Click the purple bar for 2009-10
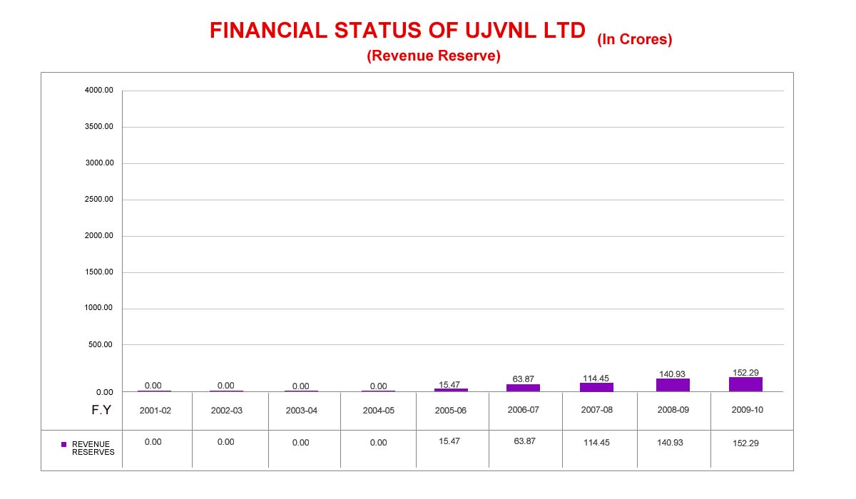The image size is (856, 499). tap(745, 384)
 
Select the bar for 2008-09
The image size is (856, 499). tap(673, 385)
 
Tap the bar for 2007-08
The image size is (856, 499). tap(596, 387)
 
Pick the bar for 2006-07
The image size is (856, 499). tap(523, 388)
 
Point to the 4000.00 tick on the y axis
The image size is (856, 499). tap(99, 91)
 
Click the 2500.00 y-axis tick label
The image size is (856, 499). tap(99, 200)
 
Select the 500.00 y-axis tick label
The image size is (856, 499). tap(101, 345)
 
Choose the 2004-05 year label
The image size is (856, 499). tap(378, 411)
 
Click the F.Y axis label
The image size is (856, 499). tap(100, 410)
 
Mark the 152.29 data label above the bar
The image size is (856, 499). tap(745, 372)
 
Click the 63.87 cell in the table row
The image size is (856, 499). tap(524, 442)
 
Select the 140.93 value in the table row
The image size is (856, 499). tap(671, 443)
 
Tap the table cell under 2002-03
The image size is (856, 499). tap(225, 442)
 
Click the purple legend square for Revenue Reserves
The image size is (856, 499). tap(63, 444)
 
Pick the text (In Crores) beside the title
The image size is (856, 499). tap(635, 40)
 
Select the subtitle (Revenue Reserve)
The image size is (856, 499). tap(433, 56)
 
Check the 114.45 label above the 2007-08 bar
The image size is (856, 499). tap(596, 379)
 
